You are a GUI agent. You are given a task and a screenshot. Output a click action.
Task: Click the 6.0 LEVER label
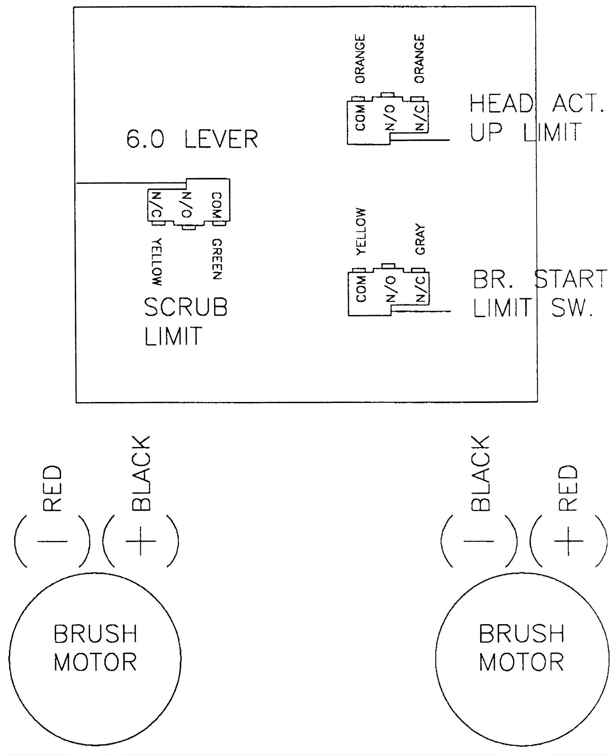pos(192,139)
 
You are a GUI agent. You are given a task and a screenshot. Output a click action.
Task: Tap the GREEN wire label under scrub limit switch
pos(217,259)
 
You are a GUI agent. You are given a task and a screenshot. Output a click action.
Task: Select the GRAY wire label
pos(420,239)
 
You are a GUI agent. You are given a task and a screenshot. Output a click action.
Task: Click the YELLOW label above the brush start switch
pos(361,231)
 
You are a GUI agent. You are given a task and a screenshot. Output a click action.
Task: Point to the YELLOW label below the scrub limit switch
pos(157,262)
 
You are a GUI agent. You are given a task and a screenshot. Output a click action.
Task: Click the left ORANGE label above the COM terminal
pos(360,58)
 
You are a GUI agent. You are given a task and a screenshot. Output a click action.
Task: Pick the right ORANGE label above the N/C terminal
pos(419,58)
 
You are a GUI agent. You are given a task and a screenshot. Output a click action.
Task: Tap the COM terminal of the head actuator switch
pos(360,118)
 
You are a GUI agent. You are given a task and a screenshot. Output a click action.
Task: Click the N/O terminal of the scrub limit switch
pos(186,205)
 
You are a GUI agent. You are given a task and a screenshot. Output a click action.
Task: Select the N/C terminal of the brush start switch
pos(421,289)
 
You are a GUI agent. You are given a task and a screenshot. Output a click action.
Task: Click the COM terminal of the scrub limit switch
pos(217,205)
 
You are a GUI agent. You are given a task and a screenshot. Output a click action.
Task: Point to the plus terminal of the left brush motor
pos(141,541)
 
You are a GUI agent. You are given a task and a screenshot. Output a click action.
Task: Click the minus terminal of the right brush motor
pos(479,541)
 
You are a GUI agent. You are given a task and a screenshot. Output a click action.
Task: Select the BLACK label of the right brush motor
pos(480,473)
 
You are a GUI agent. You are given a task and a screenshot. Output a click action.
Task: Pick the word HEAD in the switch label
pos(501,104)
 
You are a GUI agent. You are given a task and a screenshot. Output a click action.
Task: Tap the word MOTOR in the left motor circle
pos(95,662)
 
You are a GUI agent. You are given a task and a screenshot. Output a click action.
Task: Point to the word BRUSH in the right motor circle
pos(522,634)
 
